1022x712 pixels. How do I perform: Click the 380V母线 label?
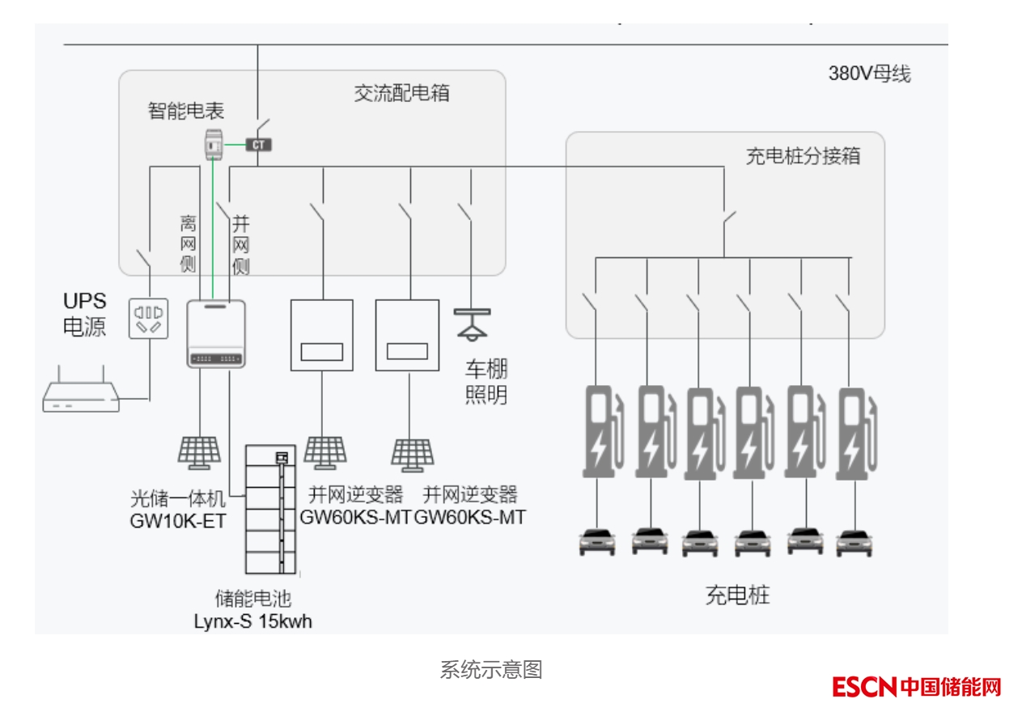click(868, 74)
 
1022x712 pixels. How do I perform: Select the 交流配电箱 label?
click(401, 93)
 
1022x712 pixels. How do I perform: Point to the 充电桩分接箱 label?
click(803, 156)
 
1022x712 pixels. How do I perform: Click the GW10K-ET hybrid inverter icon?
click(216, 333)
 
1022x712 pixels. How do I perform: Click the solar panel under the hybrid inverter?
click(199, 451)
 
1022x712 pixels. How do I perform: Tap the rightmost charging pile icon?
click(856, 433)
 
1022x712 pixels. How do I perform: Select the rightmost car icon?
click(854, 541)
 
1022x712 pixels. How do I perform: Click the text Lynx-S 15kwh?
click(252, 621)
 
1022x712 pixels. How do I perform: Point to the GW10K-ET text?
click(178, 521)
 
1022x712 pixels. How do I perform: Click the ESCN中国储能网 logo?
click(916, 688)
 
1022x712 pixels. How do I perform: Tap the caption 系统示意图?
click(490, 670)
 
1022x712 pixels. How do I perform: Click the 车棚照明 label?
click(486, 384)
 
